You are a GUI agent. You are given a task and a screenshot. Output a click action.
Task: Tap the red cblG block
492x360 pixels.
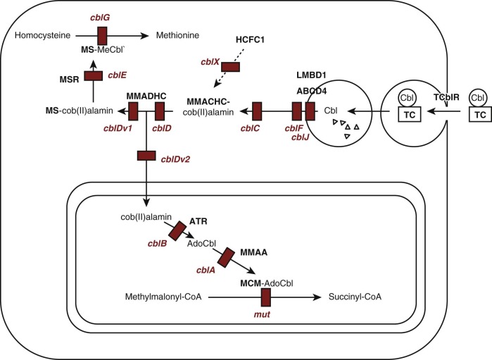click(102, 35)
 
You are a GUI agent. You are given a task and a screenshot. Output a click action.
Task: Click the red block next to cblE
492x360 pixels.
click(94, 75)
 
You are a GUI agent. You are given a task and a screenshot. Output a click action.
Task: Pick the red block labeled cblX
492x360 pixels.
click(230, 66)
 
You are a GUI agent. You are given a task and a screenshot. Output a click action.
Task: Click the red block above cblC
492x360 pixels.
click(256, 111)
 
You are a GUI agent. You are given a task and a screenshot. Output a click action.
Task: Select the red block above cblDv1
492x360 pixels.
click(133, 111)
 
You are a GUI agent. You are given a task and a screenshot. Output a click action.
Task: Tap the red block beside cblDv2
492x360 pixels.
click(146, 155)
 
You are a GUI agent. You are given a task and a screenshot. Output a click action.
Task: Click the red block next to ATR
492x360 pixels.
click(175, 231)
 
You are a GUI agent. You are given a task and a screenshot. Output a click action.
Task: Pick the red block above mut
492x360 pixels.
click(266, 297)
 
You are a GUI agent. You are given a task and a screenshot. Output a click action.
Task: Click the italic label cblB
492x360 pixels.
click(158, 244)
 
